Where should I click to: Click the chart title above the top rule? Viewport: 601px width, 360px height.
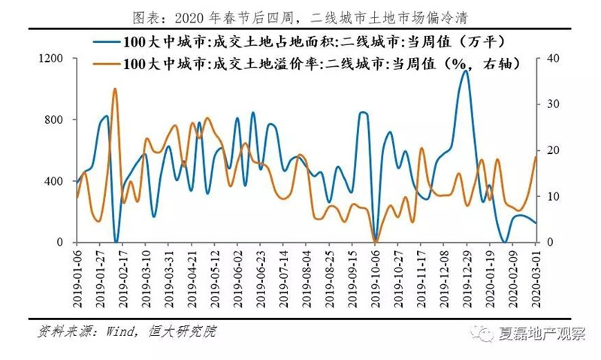300,17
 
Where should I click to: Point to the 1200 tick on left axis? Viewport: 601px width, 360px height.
50,59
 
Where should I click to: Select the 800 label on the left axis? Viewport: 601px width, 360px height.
53,119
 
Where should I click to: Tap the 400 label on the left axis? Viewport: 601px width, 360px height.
53,181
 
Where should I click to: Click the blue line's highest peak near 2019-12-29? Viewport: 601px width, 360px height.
465,71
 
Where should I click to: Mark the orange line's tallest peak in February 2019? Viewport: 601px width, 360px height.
114,89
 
